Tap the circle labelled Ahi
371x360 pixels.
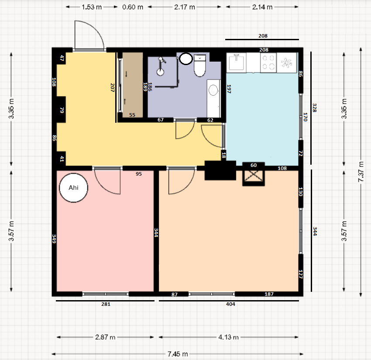point(74,188)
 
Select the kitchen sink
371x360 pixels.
point(236,62)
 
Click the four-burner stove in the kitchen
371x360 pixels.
point(268,62)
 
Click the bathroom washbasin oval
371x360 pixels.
point(213,90)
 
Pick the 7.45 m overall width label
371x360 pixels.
point(178,354)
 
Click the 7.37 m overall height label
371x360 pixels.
point(361,172)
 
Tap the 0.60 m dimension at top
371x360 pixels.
point(133,7)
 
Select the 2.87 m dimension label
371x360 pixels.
point(105,337)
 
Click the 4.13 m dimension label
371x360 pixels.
point(228,337)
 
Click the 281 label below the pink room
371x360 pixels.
point(106,304)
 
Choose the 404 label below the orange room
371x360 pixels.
point(230,304)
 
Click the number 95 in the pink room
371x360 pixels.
point(139,174)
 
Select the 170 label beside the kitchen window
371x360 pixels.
point(305,117)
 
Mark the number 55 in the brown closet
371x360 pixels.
point(132,115)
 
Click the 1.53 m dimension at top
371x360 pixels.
point(92,7)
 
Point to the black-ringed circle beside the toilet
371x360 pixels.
point(186,59)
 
